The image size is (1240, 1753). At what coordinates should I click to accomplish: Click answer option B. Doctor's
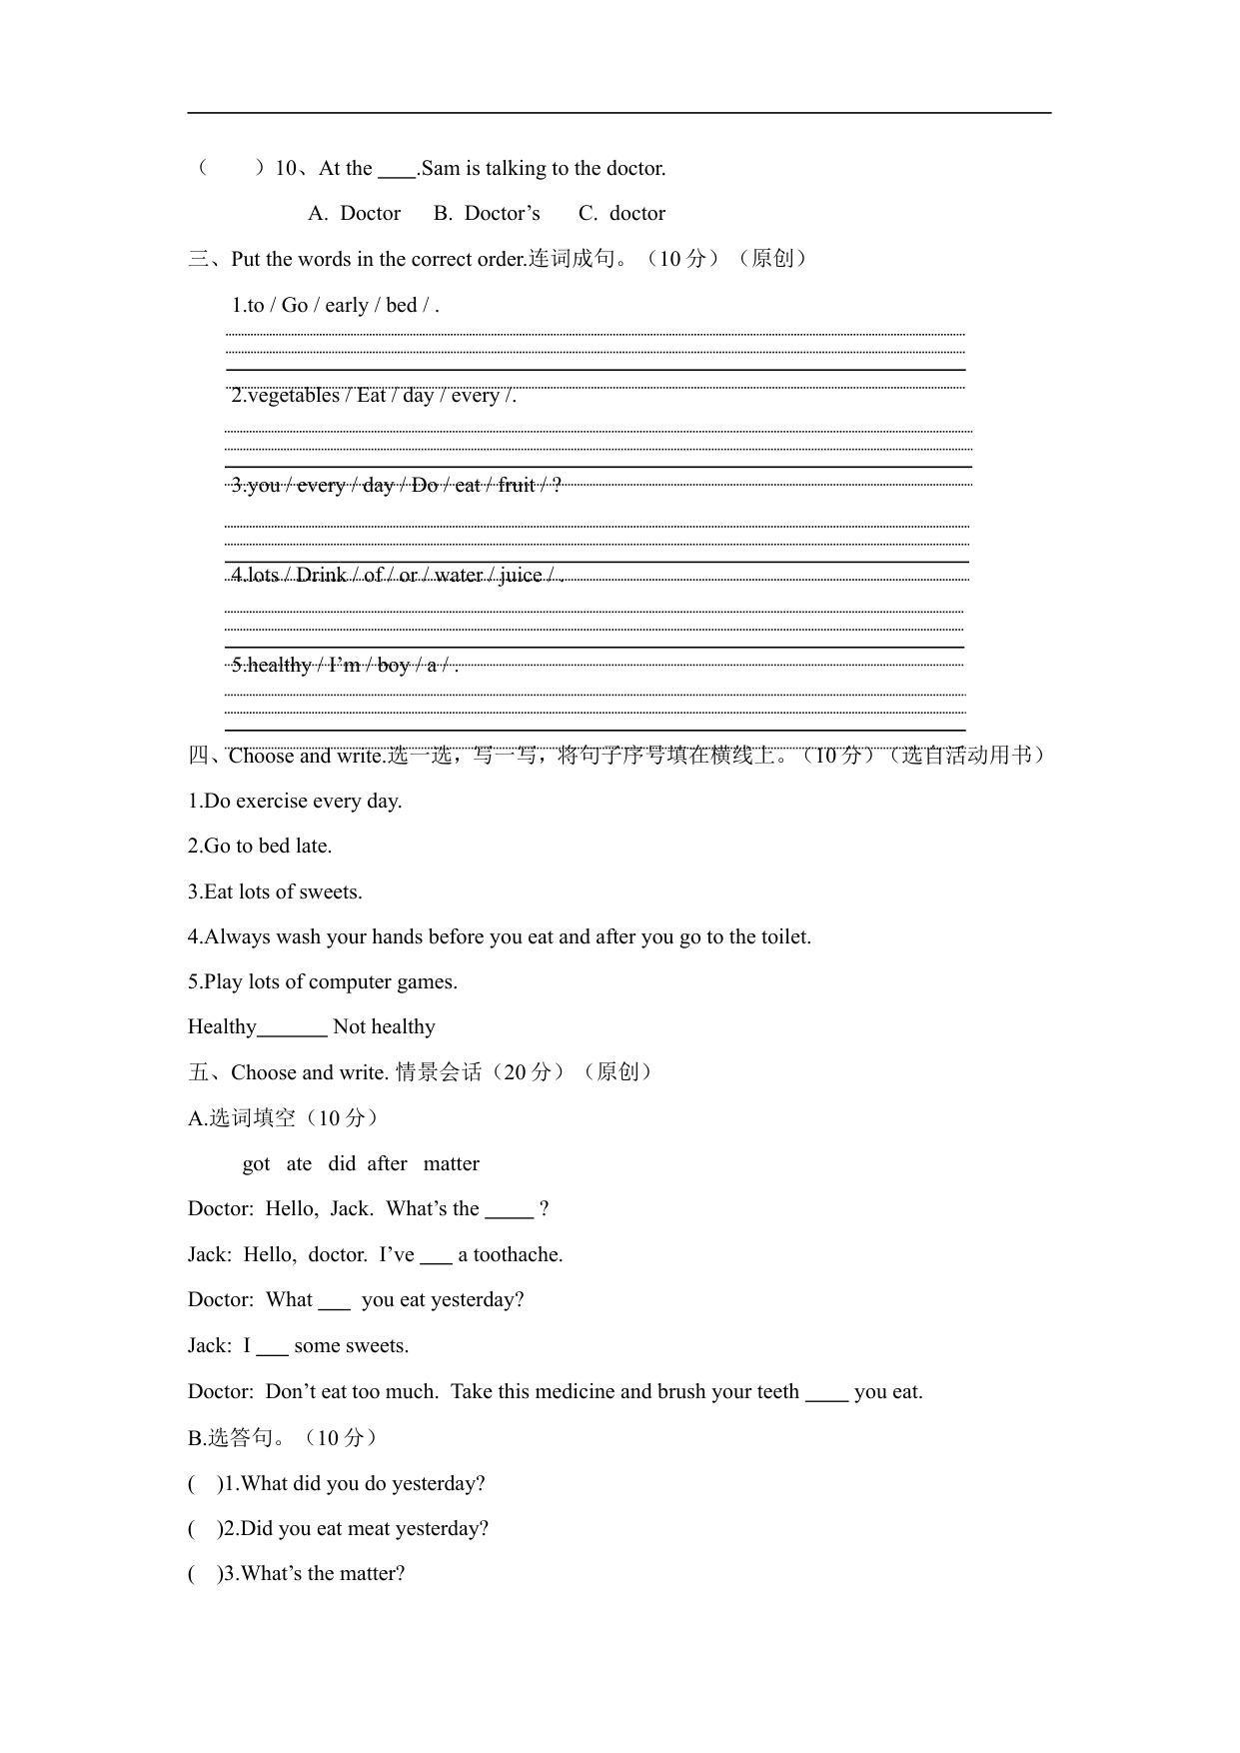pyautogui.click(x=487, y=214)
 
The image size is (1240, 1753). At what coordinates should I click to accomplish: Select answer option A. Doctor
pyautogui.click(x=355, y=214)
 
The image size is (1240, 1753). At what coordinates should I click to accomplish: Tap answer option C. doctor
pyautogui.click(x=621, y=214)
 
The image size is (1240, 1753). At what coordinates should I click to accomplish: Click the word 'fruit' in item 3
pyautogui.click(x=517, y=486)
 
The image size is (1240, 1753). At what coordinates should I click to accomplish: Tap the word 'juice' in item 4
pyautogui.click(x=520, y=576)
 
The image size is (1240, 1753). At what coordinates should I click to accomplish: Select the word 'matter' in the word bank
pyautogui.click(x=451, y=1164)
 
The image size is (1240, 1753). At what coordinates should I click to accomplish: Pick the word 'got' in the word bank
pyautogui.click(x=256, y=1164)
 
